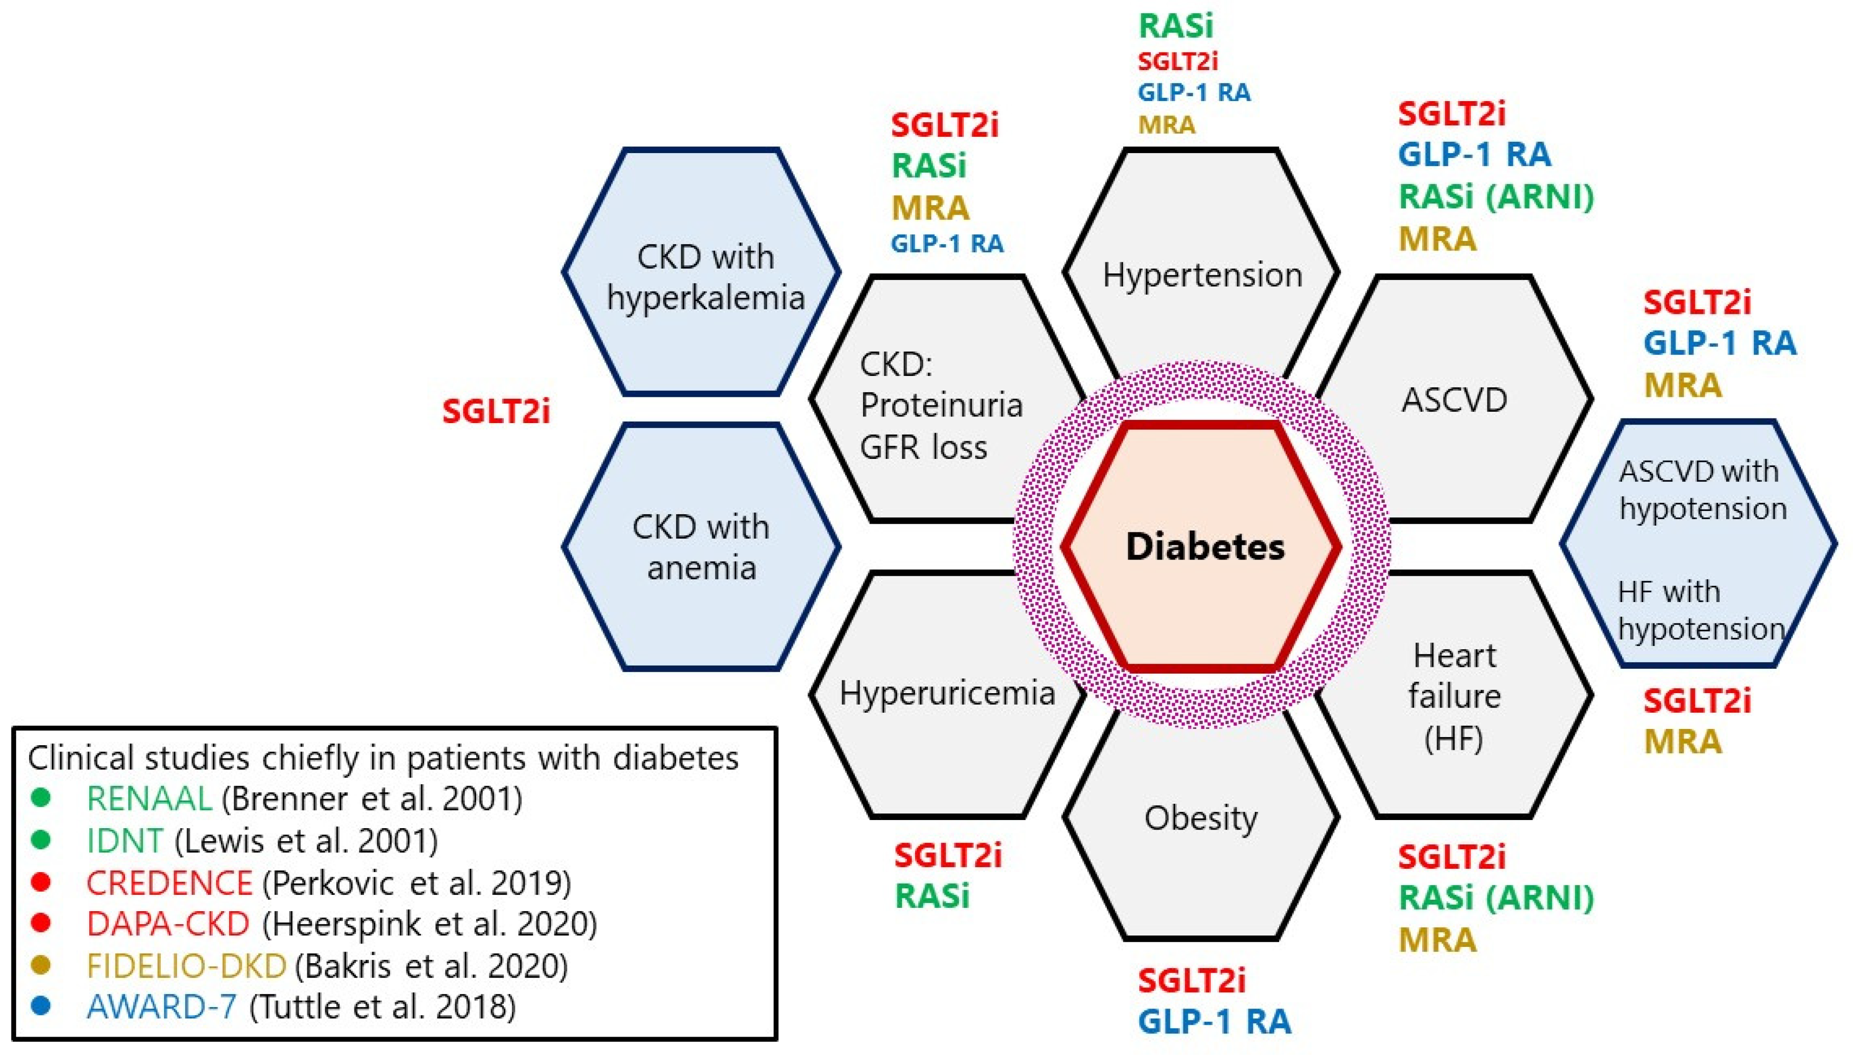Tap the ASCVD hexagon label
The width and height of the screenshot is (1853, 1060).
1454,400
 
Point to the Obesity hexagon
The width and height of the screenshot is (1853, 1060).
1201,818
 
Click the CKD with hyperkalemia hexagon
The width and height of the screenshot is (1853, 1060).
705,277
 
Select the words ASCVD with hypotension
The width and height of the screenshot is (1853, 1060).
1702,490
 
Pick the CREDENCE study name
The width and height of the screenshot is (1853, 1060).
169,883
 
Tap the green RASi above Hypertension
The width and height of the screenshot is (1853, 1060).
1176,26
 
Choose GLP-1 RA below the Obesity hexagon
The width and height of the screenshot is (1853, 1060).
1214,1021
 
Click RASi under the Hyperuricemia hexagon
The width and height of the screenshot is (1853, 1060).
932,896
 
